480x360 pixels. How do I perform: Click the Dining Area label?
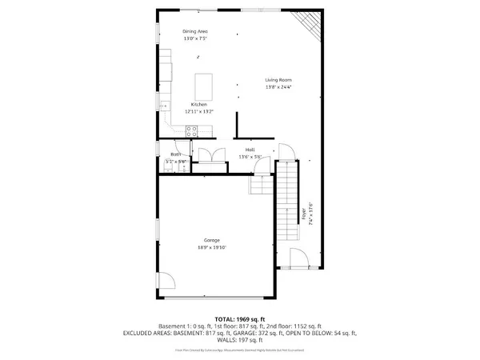tap(195, 31)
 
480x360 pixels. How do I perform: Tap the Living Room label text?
tap(278, 80)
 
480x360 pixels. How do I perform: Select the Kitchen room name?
tap(198, 105)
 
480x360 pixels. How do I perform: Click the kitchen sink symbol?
tap(165, 104)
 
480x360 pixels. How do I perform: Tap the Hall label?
tap(250, 150)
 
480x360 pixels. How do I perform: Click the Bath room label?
tap(175, 154)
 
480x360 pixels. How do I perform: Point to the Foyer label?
tap(304, 214)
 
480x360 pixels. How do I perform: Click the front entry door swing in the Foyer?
tap(296, 258)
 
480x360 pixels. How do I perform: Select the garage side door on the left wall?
tap(166, 282)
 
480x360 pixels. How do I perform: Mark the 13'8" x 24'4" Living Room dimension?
tap(278, 87)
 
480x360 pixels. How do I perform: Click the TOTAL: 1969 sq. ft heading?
tap(239, 319)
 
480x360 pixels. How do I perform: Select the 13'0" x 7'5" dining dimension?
tap(195, 38)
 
